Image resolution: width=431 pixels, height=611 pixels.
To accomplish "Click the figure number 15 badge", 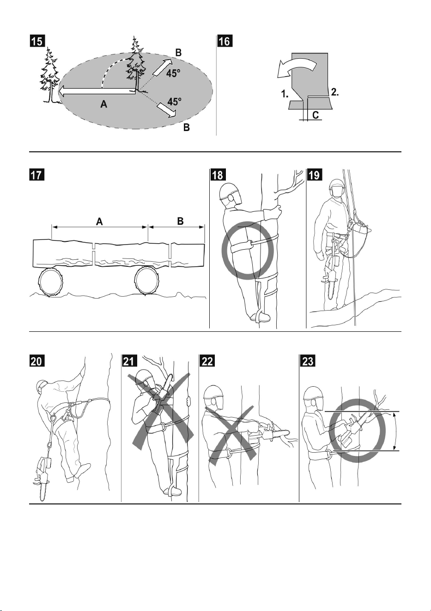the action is click(37, 41).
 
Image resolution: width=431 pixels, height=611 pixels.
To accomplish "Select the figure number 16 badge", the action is click(225, 41).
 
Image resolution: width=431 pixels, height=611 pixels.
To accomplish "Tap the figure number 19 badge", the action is click(315, 174).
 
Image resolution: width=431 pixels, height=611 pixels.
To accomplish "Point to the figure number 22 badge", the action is click(207, 361).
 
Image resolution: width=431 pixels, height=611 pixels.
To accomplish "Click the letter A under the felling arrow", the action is click(103, 104).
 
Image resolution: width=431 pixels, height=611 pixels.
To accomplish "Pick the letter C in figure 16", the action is click(316, 115).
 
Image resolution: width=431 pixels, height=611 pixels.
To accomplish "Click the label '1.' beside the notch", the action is click(285, 95).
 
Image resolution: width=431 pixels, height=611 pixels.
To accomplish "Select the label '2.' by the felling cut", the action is click(335, 92).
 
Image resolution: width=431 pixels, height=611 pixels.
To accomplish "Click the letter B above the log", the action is click(180, 221).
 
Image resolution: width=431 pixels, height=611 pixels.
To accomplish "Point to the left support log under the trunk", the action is click(51, 282).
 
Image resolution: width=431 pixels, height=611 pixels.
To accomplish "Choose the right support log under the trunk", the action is click(146, 281).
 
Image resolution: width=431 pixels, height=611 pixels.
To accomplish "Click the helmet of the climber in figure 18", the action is click(229, 191).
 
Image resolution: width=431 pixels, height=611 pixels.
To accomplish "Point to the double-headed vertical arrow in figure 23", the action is click(394, 431).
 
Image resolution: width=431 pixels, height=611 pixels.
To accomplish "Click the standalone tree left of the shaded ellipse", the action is click(51, 75).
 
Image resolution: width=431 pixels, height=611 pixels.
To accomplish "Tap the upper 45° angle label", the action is click(173, 73).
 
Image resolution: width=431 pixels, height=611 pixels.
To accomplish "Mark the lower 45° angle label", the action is click(174, 102).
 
